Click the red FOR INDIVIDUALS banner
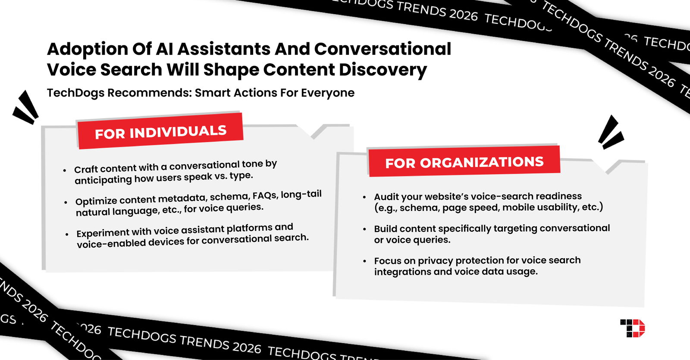[x=160, y=131]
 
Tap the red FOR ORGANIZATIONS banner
[x=464, y=162]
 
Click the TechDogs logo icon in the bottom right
[x=632, y=328]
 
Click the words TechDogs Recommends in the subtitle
[x=118, y=93]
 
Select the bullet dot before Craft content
[x=65, y=171]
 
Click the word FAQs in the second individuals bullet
[x=265, y=196]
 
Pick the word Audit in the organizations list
[x=386, y=197]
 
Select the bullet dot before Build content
[x=364, y=229]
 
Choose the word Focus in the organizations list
[x=387, y=261]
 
